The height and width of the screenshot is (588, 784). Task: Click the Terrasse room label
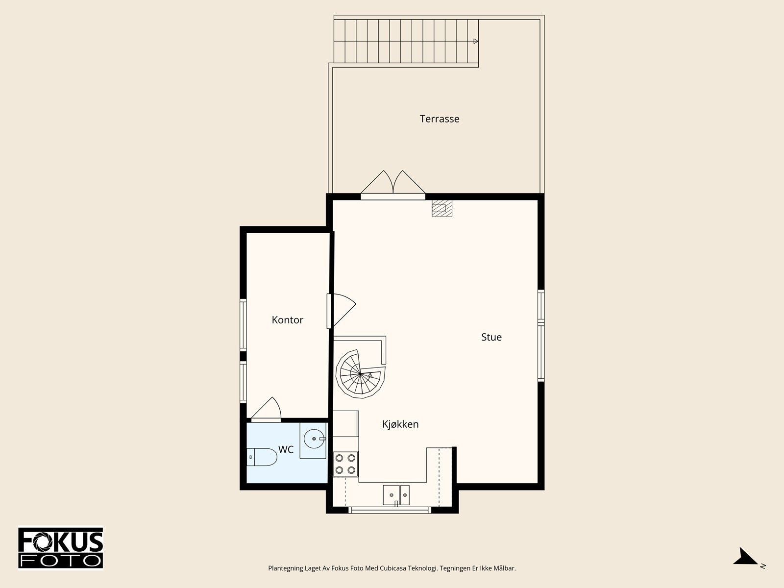(440, 119)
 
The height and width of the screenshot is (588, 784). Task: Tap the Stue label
(491, 337)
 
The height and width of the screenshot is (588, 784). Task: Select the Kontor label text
(287, 320)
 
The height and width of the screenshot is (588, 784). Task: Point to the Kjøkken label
(400, 424)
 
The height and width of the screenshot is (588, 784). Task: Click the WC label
(286, 449)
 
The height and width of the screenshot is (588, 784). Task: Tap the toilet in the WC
(262, 457)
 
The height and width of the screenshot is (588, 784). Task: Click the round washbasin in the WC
(314, 439)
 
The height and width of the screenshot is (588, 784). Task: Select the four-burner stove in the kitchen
(345, 464)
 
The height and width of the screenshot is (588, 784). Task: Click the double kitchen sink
(396, 495)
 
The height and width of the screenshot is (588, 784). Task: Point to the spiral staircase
(360, 374)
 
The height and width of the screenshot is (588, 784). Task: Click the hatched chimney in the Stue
(442, 208)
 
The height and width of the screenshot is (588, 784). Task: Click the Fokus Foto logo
(60, 548)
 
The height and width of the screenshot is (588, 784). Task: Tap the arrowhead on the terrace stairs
(476, 41)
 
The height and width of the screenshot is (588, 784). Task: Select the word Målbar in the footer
(505, 568)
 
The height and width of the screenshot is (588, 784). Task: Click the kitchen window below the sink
(390, 510)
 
